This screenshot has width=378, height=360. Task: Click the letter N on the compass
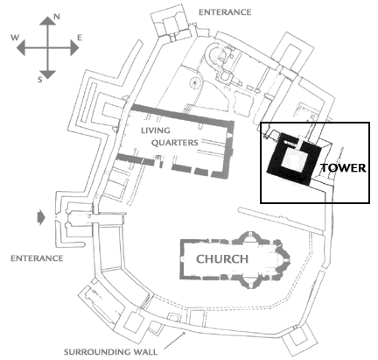[57, 17]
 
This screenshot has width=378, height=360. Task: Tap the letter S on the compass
[40, 79]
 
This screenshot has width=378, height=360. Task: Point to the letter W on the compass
[15, 38]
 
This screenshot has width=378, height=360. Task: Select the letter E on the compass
[80, 38]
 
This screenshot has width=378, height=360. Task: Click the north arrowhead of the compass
[47, 21]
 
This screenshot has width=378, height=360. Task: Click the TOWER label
[343, 168]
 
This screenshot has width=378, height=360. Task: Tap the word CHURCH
[222, 259]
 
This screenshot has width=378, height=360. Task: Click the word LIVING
[156, 131]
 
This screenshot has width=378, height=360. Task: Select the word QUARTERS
[175, 143]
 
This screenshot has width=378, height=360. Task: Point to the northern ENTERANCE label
[225, 12]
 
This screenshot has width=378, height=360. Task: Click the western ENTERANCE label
[37, 258]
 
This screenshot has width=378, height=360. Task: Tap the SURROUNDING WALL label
[110, 352]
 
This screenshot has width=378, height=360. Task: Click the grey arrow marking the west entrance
[41, 217]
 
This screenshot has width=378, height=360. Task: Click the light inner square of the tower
[294, 159]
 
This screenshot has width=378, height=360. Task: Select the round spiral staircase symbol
[196, 82]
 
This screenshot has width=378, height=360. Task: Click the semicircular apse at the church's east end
[283, 259]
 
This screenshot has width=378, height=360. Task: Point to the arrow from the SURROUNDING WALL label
[175, 340]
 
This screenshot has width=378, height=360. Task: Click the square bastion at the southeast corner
[300, 340]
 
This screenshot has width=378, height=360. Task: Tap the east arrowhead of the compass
[74, 47]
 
